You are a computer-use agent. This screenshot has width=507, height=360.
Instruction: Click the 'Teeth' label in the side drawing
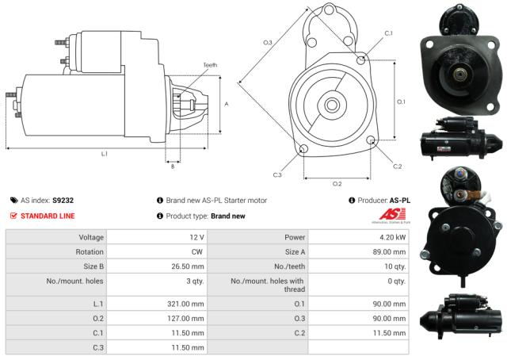[x=210, y=65]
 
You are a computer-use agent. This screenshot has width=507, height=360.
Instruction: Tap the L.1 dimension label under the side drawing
[x=104, y=153]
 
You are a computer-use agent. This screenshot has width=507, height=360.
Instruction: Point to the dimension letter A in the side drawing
[x=227, y=104]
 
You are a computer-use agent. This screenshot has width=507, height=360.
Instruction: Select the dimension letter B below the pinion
[x=173, y=166]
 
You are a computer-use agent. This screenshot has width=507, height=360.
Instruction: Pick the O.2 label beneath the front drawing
[x=337, y=184]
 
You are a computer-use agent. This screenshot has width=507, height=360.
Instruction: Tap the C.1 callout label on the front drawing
[x=388, y=33]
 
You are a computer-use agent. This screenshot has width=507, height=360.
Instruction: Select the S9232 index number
[x=63, y=201]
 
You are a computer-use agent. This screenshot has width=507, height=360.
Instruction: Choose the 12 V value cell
[x=197, y=237]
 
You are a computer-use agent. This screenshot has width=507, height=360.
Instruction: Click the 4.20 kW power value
[x=394, y=237]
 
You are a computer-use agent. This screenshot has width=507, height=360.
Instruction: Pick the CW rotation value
[x=199, y=251]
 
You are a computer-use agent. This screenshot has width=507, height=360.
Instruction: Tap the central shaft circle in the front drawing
[x=332, y=105]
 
